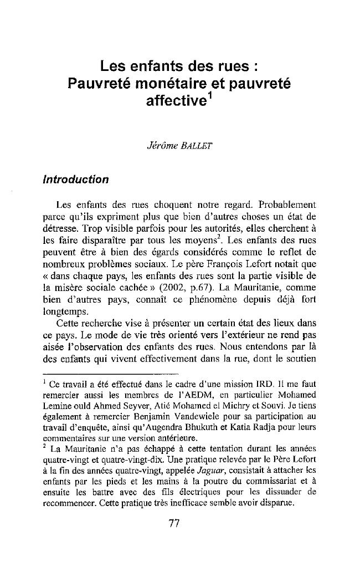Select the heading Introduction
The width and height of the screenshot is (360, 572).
[75, 180]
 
